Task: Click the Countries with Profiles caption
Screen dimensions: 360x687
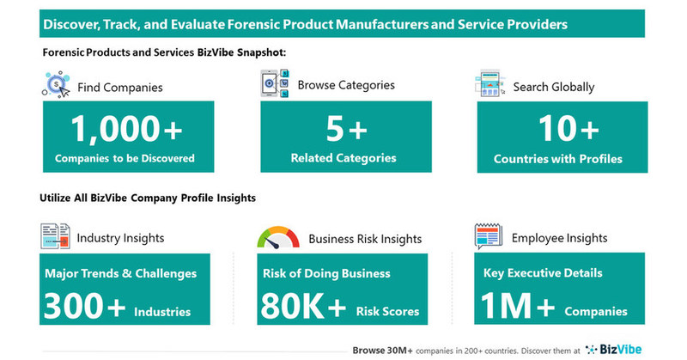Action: point(558,158)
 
